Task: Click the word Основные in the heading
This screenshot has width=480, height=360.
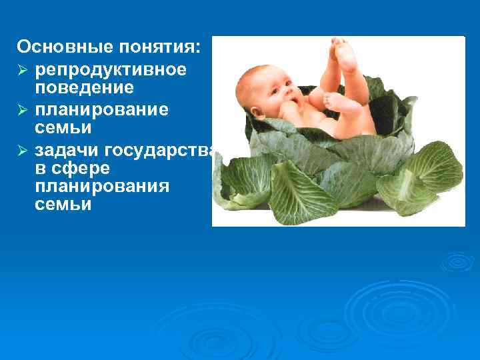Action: (57, 47)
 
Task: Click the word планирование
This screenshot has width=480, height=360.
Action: (102, 109)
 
